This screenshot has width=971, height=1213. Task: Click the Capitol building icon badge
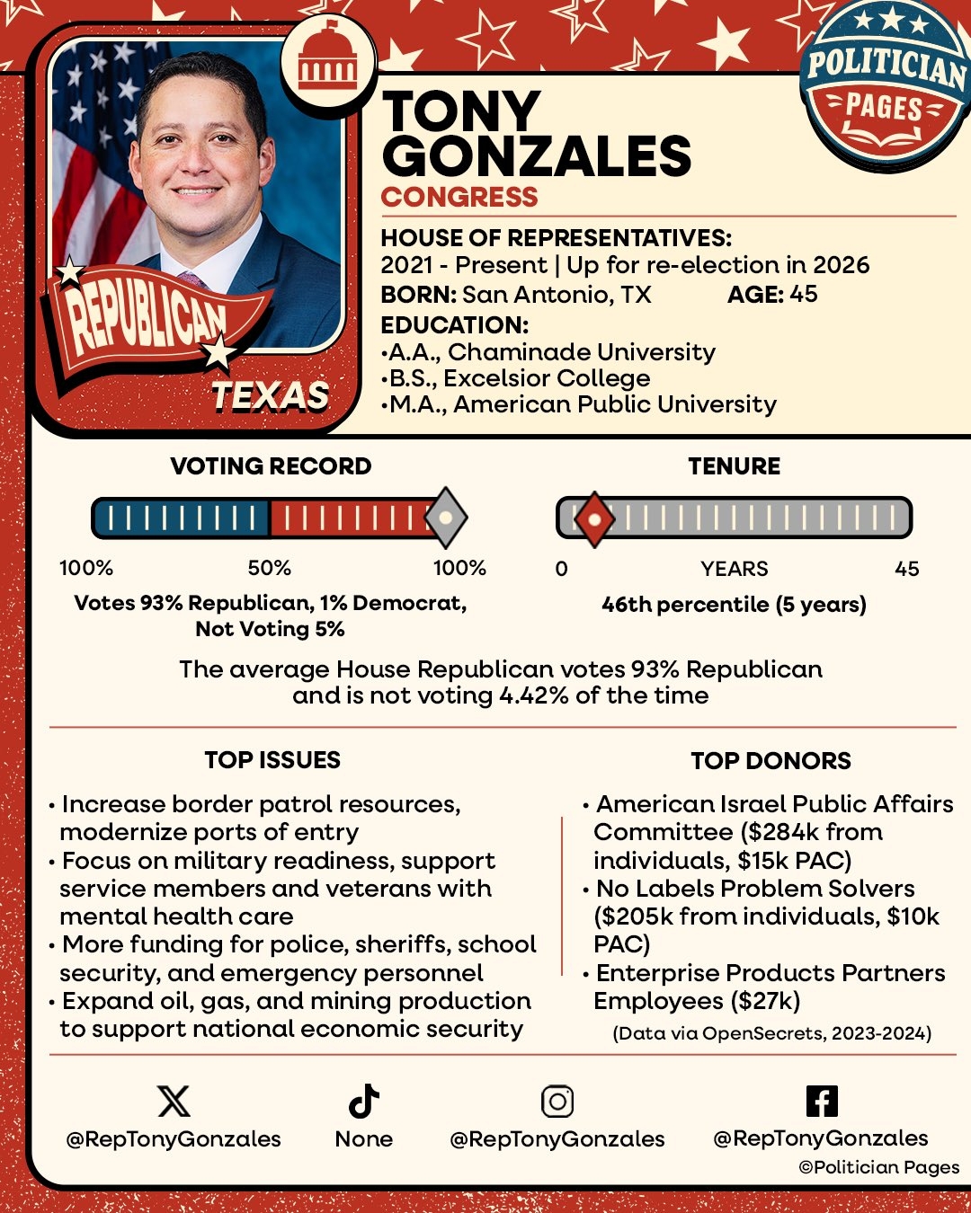327,59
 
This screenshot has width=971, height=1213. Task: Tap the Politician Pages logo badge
884,86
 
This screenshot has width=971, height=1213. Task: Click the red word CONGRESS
459,197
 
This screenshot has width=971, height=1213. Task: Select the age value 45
803,294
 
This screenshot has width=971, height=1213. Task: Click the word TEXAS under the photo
270,395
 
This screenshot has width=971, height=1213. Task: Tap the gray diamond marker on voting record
445,518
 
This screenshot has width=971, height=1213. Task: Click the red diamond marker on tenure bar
593,519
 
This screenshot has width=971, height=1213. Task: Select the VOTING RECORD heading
271,465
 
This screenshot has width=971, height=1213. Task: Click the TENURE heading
734,465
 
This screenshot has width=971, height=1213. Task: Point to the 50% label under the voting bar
269,568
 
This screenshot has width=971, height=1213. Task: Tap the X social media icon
174,1101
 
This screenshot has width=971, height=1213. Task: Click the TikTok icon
363,1101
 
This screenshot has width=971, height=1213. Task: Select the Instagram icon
557,1101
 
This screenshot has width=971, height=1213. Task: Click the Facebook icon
822,1101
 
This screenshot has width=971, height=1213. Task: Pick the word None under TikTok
363,1139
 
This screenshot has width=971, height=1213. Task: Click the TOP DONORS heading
771,760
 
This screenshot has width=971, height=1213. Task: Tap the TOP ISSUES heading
272,760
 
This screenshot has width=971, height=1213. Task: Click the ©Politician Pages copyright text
878,1167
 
